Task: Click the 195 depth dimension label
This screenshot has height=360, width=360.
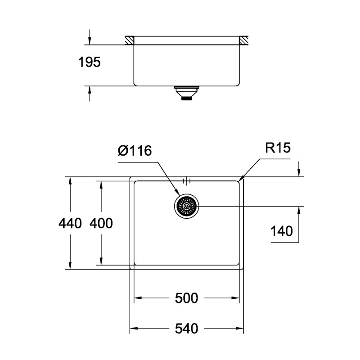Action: (x=90, y=63)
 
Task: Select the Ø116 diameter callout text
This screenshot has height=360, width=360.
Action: (x=135, y=151)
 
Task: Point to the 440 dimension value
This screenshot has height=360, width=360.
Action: (x=70, y=223)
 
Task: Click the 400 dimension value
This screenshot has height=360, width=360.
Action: (x=101, y=223)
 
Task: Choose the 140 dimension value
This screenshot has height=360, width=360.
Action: (x=282, y=232)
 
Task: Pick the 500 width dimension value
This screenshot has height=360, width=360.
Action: (x=187, y=298)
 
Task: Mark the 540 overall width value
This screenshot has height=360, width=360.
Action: (x=187, y=329)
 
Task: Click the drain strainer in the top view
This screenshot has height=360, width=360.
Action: (x=186, y=207)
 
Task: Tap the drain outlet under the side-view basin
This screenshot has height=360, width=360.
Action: (x=185, y=93)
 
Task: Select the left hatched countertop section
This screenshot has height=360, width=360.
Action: (x=130, y=40)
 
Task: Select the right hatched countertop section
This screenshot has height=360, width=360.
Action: (x=243, y=40)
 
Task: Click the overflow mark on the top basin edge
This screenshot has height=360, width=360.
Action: (x=187, y=181)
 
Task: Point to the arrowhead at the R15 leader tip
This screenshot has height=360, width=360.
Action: (x=241, y=179)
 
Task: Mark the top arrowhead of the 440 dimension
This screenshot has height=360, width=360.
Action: (x=70, y=180)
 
